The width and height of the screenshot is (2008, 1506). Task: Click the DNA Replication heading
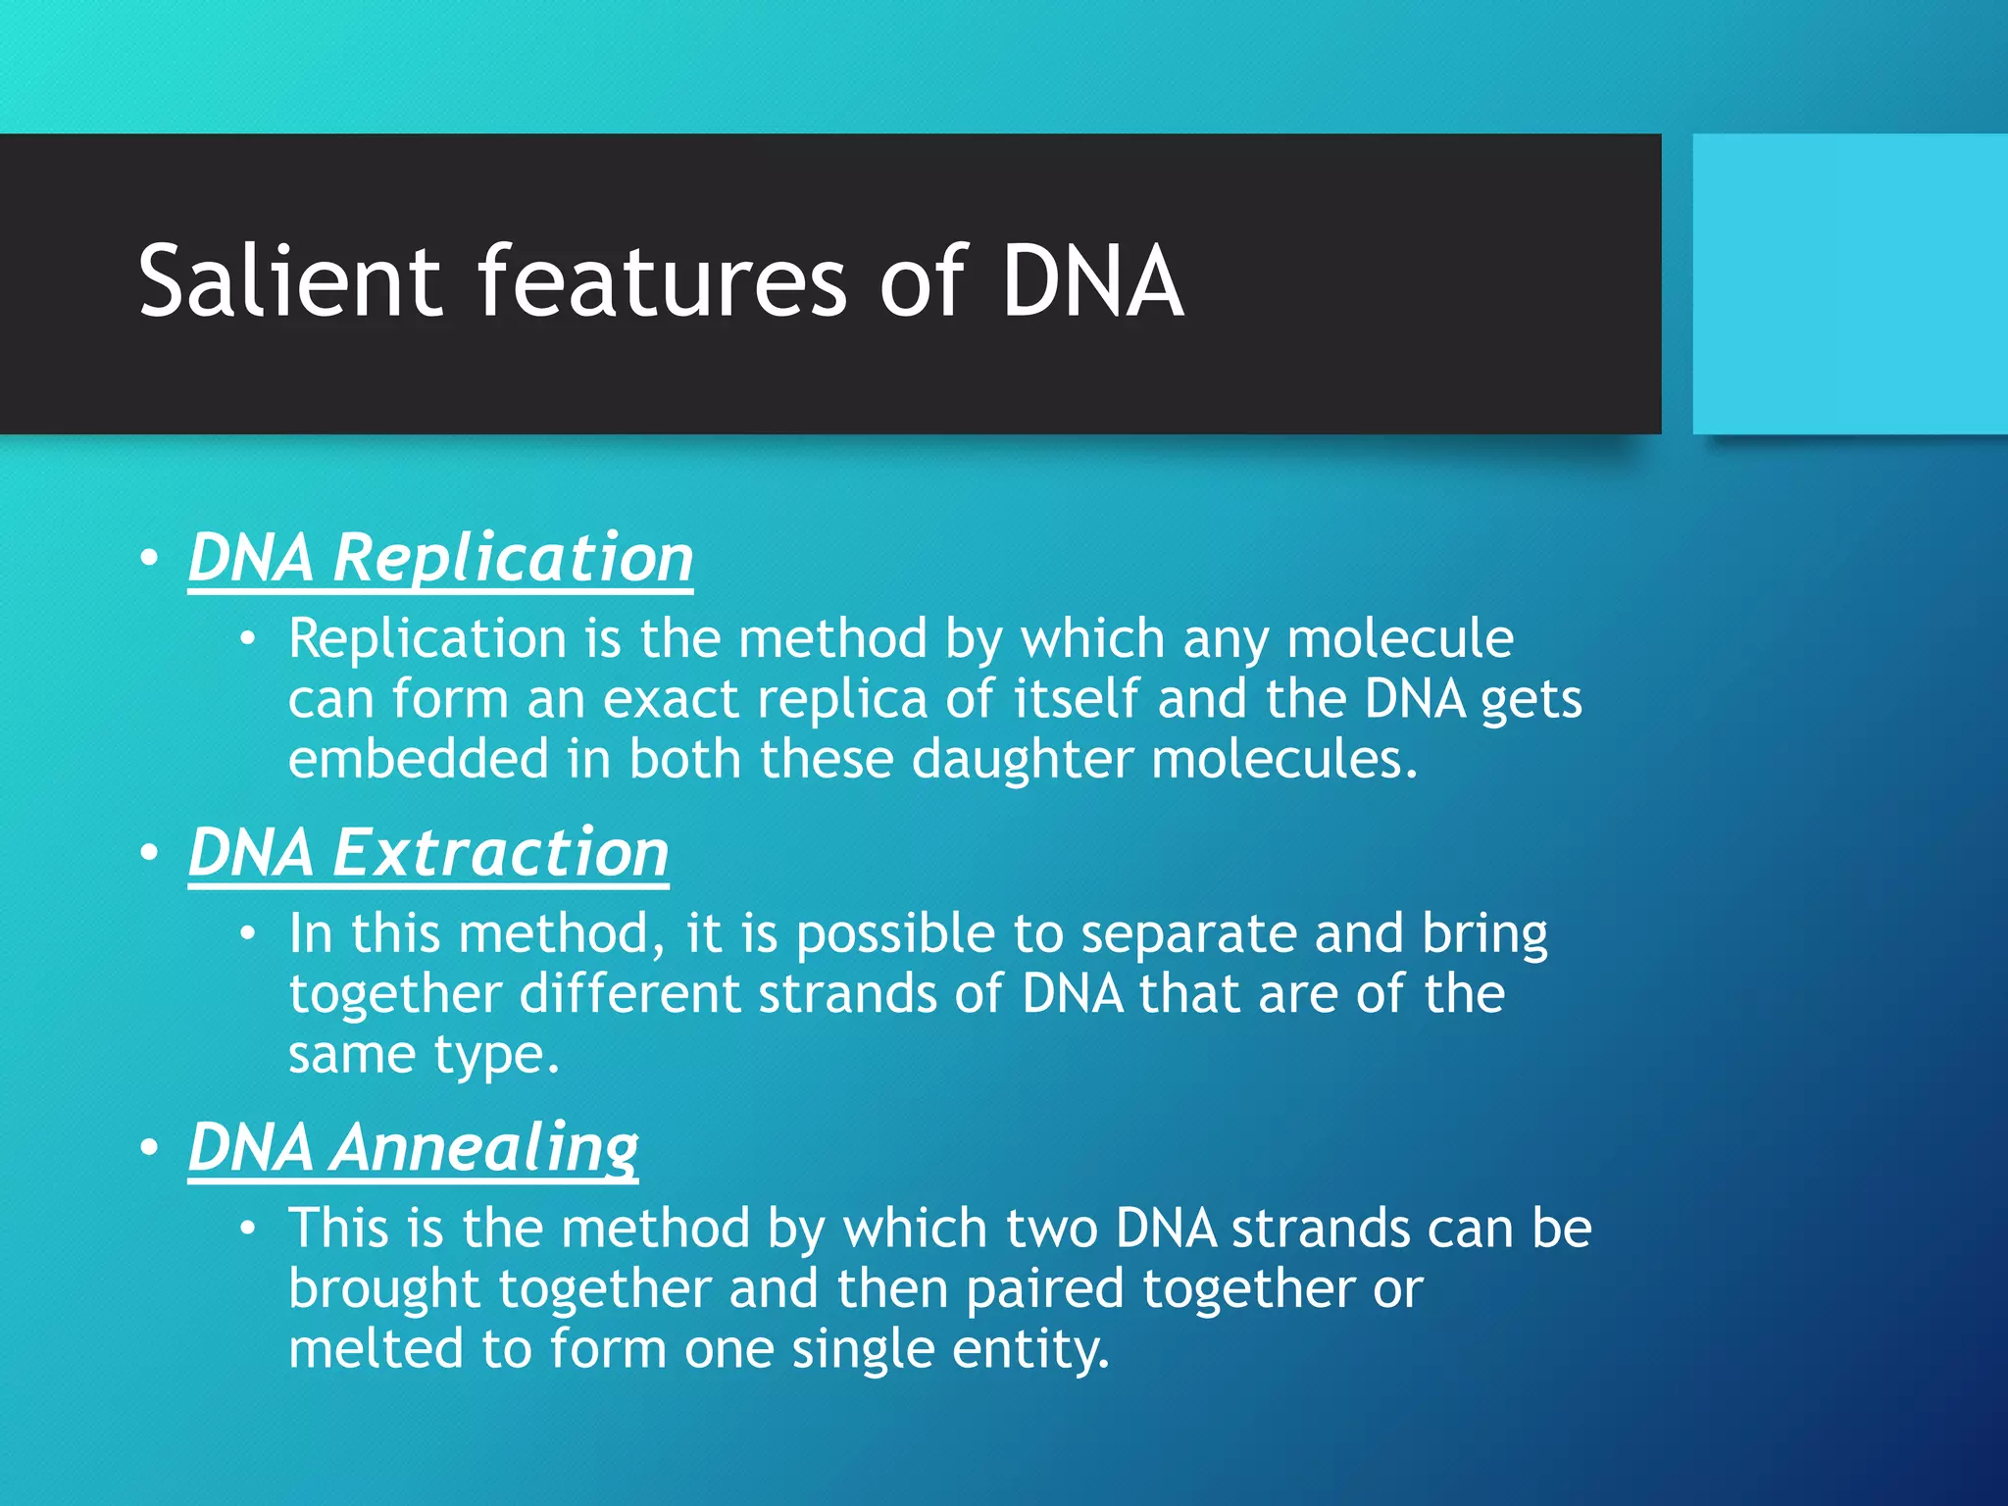point(440,557)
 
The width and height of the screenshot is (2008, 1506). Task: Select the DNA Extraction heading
point(428,852)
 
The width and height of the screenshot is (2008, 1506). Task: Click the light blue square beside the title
point(1849,283)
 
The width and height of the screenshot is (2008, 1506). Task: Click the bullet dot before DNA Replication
point(149,559)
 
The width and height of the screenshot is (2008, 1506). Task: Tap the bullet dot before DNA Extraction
point(149,854)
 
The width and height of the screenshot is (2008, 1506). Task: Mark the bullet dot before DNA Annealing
point(149,1148)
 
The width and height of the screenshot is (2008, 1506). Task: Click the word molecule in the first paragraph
point(1400,638)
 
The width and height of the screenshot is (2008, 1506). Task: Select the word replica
point(842,699)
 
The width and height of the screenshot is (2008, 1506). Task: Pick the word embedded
point(419,759)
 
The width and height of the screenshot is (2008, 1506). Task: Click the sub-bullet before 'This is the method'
point(248,1229)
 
